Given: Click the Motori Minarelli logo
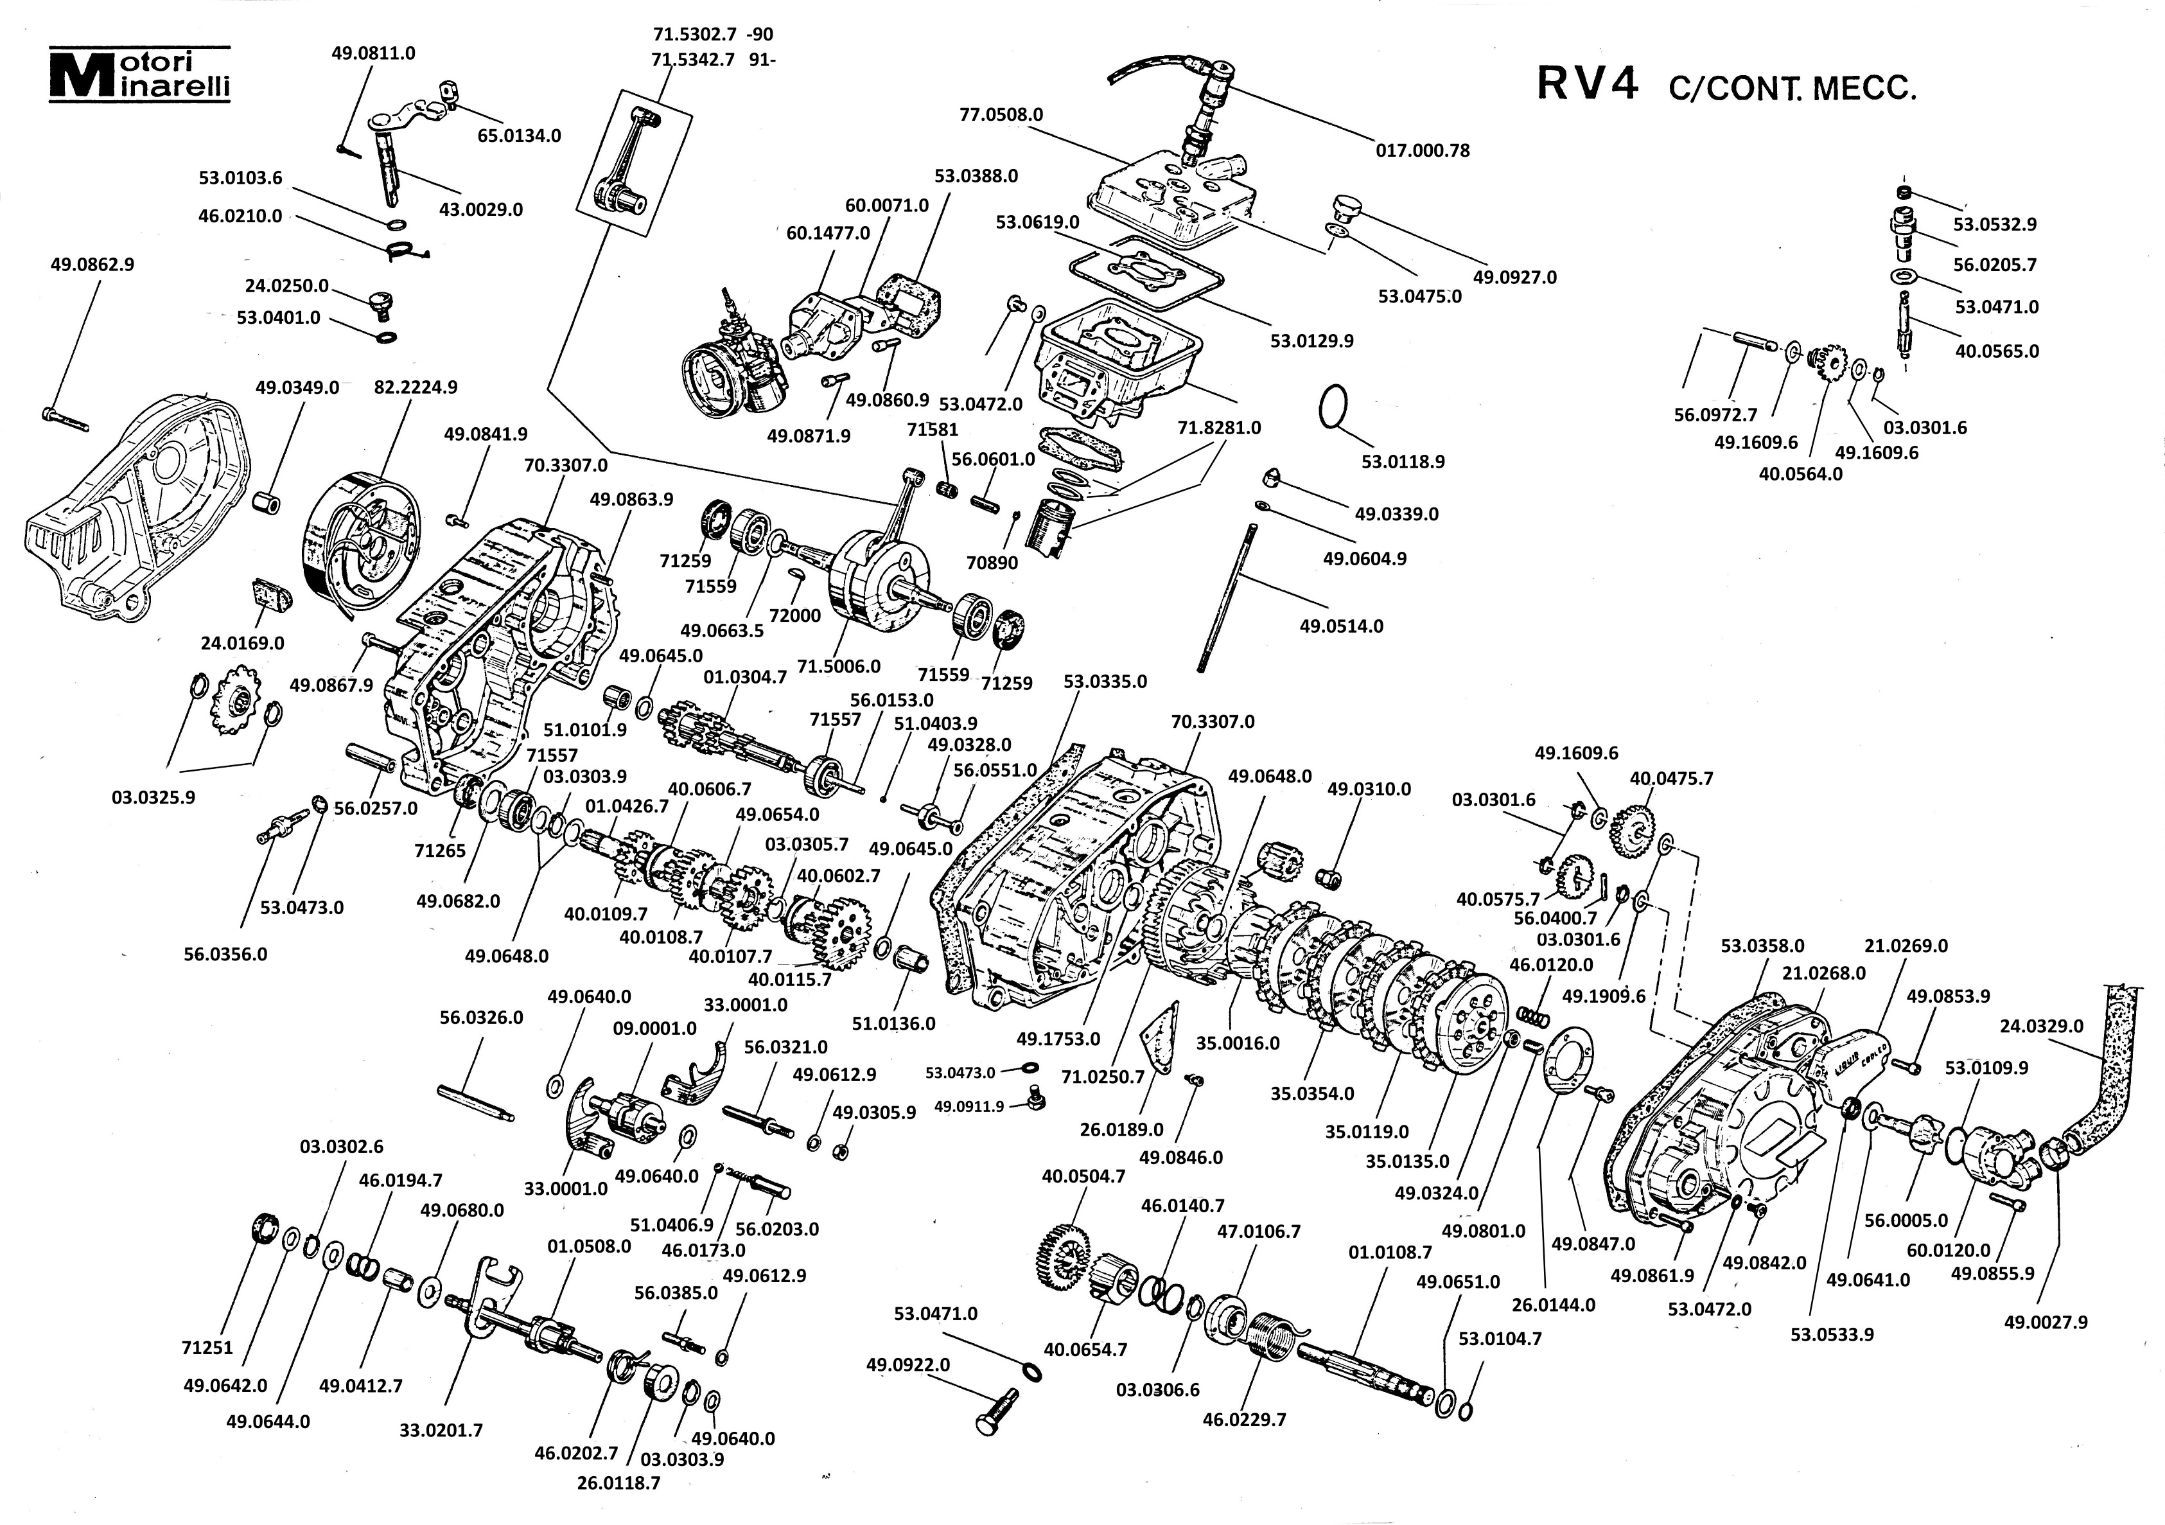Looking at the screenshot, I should [x=139, y=75].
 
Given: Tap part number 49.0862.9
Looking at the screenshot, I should [x=92, y=265].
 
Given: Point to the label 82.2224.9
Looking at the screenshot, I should [x=416, y=387].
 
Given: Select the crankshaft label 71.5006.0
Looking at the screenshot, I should [x=838, y=666].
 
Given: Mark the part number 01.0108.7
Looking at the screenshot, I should [x=1390, y=1253].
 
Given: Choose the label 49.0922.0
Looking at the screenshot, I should [x=908, y=1364].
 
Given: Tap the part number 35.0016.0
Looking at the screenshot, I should [x=1238, y=1043].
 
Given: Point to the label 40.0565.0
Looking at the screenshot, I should [x=1997, y=351].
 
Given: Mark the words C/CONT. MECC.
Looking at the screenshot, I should [x=1792, y=89].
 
